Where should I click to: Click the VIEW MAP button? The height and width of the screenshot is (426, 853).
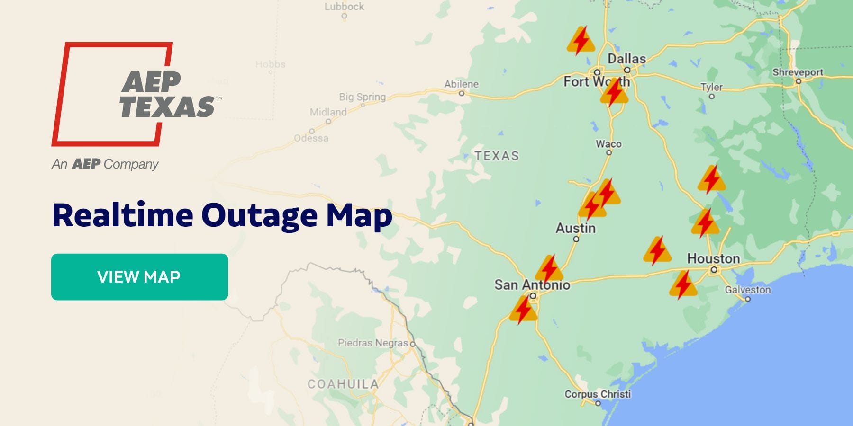coord(139,276)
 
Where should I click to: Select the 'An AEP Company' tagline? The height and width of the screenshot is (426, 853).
coord(105,164)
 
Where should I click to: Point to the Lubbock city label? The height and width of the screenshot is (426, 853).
coord(344,7)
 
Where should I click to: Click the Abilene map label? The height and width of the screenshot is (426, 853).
coord(461,84)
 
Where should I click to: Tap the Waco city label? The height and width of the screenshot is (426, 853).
coord(608,144)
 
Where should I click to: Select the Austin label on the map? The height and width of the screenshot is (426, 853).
coord(575,228)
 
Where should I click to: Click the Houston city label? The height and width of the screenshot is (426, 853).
coord(713,258)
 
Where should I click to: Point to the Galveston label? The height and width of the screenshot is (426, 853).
coord(748,290)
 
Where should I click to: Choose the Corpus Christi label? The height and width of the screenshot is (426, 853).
coord(598,394)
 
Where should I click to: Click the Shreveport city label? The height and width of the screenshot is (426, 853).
coord(798,72)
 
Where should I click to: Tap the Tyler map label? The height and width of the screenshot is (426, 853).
coord(711,87)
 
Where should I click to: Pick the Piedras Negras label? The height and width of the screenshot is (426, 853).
coord(372,343)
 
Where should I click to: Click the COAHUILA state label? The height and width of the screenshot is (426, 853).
coord(343,384)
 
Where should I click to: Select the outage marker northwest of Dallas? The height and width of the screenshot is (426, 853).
coord(581,41)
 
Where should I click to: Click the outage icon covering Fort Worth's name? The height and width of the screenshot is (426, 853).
coord(614,92)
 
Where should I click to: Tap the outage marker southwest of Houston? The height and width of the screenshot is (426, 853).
coord(683,285)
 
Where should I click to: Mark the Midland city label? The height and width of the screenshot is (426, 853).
coord(328,112)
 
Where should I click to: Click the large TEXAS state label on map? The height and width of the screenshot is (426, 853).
coord(497,156)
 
